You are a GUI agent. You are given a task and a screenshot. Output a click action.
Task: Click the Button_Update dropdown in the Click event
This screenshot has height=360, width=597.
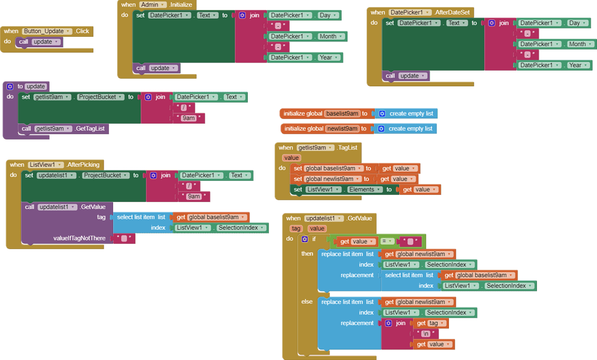pos(47,31)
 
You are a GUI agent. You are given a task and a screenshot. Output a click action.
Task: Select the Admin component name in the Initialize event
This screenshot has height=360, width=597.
pos(153,4)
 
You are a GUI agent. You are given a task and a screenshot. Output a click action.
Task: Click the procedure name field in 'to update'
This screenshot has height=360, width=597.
pos(36,86)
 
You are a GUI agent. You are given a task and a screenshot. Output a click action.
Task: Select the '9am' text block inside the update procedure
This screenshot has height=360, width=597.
pos(188,118)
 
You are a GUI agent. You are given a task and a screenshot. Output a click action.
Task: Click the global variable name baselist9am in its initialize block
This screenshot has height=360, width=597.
pos(342,114)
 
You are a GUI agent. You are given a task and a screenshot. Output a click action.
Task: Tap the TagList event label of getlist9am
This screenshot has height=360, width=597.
pos(347,148)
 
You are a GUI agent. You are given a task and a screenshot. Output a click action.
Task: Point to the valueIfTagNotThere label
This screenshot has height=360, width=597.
pos(79,238)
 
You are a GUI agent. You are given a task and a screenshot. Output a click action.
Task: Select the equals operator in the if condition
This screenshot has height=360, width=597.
pos(384,242)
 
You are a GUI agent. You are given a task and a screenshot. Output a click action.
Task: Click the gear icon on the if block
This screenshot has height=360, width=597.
pos(304,239)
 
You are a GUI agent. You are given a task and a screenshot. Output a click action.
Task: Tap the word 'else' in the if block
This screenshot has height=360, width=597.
pos(307,302)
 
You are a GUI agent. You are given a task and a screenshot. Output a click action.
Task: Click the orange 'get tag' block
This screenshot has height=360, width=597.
pos(430,323)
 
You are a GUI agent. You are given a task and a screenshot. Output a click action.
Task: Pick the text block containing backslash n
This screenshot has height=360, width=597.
pos(426,334)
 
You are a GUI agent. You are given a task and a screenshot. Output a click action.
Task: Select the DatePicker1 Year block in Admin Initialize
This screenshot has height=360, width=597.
pos(304,57)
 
